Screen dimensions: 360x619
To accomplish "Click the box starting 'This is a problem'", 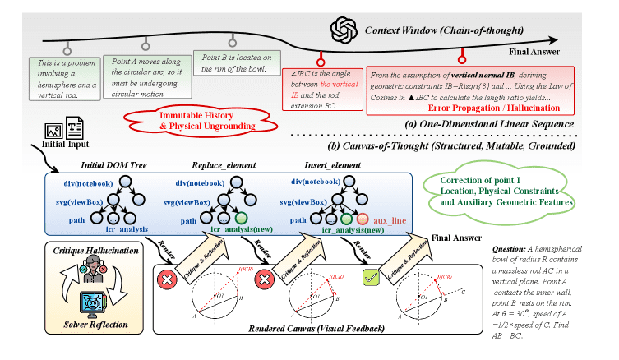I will (x=62, y=74).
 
